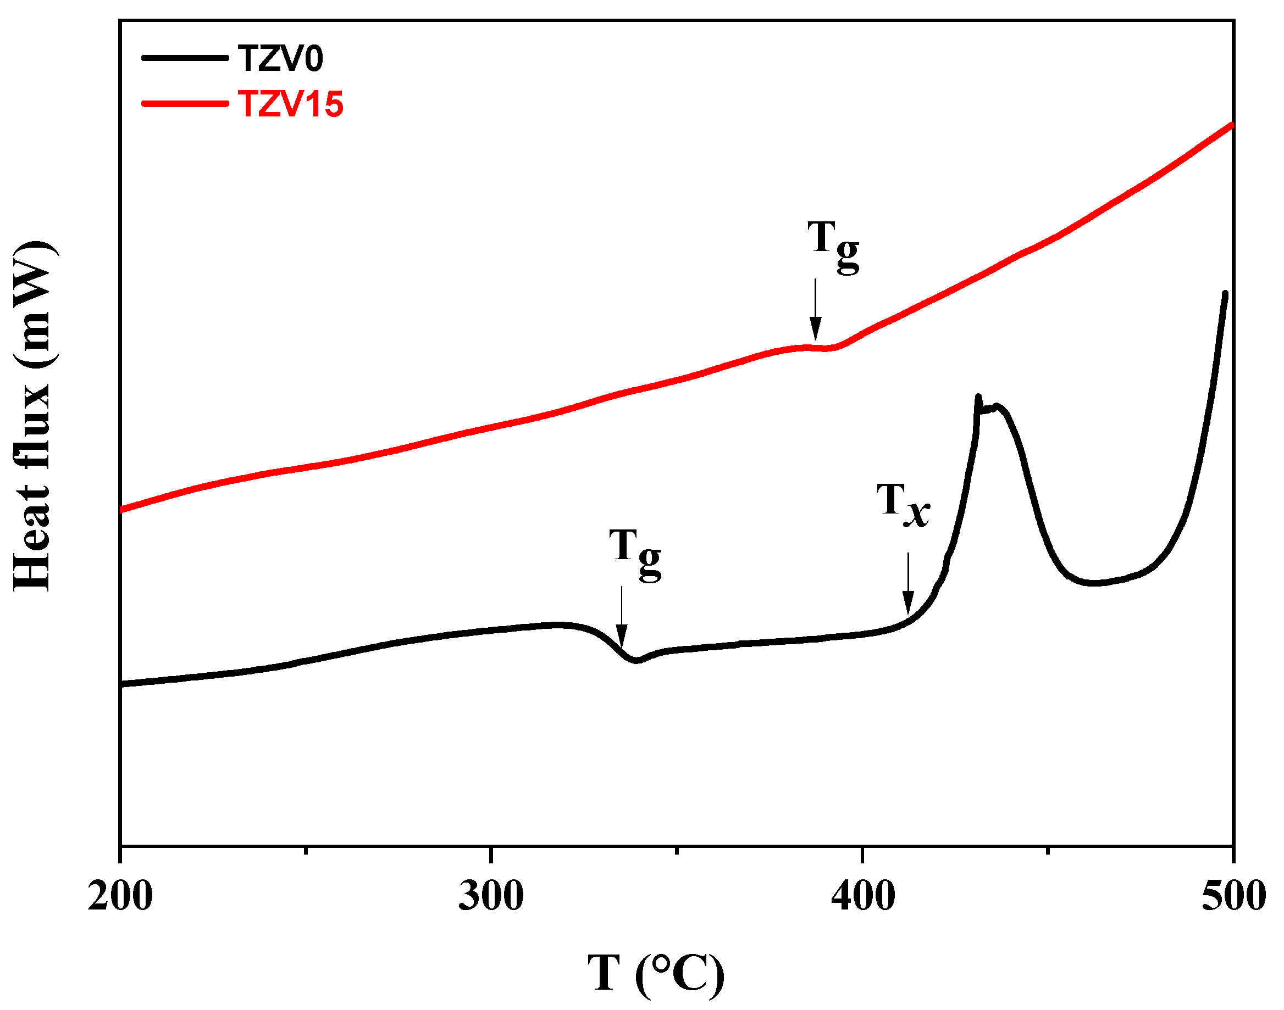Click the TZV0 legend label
click(280, 59)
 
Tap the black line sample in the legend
click(185, 58)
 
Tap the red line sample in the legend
click(185, 104)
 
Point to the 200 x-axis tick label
click(120, 896)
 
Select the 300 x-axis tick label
click(491, 896)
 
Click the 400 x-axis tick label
click(863, 896)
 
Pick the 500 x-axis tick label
click(1233, 896)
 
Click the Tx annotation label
click(903, 504)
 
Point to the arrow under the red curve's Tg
click(815, 310)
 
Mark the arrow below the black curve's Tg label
click(621, 618)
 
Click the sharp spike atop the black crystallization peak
click(977, 398)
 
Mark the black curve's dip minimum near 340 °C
click(636, 661)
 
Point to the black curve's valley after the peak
click(1095, 583)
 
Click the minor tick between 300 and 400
click(678, 851)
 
